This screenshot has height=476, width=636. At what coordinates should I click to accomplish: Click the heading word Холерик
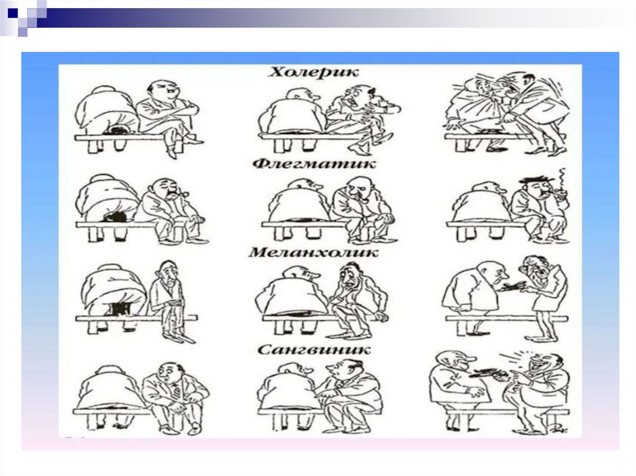click(x=314, y=72)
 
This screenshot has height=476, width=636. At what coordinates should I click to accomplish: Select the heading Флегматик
click(x=314, y=163)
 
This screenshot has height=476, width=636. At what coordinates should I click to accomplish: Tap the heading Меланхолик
click(x=313, y=252)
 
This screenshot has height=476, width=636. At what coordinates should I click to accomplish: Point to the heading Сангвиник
click(x=314, y=349)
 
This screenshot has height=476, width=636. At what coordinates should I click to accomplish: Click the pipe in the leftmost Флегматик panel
click(x=183, y=195)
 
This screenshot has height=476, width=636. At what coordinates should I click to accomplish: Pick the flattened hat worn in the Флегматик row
click(x=535, y=179)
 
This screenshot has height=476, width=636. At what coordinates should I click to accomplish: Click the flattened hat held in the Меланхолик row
click(x=513, y=287)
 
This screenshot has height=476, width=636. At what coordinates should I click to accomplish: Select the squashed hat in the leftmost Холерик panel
click(x=118, y=131)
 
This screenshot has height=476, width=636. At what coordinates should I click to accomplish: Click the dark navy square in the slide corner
click(x=12, y=12)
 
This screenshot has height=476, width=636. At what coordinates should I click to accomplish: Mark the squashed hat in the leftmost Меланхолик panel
click(x=121, y=309)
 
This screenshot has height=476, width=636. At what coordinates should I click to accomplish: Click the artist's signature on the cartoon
click(x=562, y=428)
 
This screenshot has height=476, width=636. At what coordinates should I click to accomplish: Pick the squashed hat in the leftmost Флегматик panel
click(x=115, y=217)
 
